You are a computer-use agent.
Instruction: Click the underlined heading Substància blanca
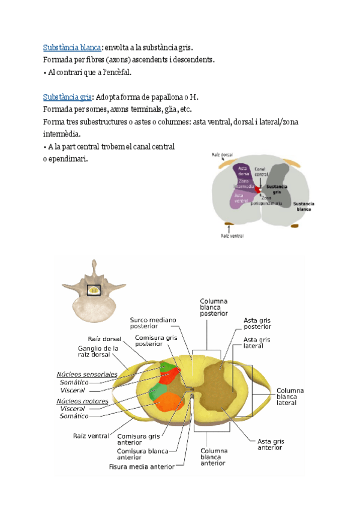71,48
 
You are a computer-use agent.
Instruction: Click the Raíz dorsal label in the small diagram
223,155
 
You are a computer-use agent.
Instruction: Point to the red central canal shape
259,189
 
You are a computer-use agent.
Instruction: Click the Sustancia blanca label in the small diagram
305,206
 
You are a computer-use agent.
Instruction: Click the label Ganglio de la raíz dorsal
98,351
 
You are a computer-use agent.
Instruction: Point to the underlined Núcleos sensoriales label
87,374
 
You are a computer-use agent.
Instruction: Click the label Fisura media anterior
142,466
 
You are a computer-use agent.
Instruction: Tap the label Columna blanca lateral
290,397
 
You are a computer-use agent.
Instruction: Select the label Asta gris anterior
271,444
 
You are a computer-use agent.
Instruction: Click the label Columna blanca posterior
214,307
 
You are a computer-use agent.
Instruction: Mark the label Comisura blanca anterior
139,454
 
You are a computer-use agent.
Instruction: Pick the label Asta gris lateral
257,343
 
